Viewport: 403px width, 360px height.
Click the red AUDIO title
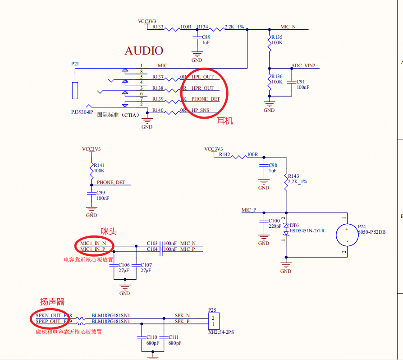pos(144,51)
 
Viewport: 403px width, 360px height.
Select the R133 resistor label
pos(158,27)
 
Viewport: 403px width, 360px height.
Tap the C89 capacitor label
pos(206,37)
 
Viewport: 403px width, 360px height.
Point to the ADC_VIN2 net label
pos(303,65)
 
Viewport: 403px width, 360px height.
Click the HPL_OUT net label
pos(202,77)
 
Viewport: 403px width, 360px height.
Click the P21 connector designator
pos(75,64)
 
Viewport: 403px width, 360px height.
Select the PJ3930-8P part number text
pos(83,111)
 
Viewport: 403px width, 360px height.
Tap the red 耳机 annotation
pos(225,121)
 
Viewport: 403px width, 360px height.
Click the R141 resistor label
pos(99,166)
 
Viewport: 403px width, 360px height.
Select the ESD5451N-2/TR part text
pos(307,231)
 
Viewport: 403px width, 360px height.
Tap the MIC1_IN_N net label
pos(92,243)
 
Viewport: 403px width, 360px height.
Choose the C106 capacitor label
pos(124,265)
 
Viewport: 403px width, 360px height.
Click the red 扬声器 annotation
pos(52,302)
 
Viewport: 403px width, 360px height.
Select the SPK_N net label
pos(182,315)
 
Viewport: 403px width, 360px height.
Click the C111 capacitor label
pos(174,337)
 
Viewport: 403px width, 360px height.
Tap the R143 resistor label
pos(293,176)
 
